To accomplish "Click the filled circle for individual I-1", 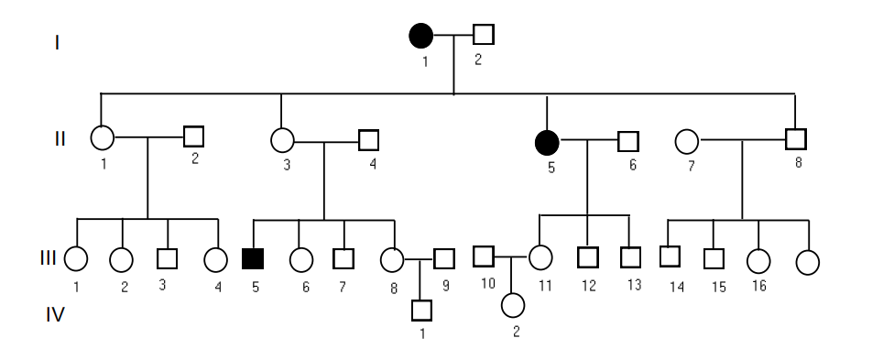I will (420, 36).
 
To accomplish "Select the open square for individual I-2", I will (484, 35).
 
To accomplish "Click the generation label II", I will (59, 139).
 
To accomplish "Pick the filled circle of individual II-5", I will (546, 142).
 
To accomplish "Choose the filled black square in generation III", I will (252, 258).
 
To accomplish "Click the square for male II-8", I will (796, 140).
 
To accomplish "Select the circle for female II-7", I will (686, 142).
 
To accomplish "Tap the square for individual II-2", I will (193, 136).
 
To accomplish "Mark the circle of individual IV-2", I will (513, 303).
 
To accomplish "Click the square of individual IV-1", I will (421, 311).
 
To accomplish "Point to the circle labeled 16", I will (758, 260).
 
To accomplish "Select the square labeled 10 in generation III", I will (484, 256).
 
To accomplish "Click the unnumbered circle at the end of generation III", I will (807, 262).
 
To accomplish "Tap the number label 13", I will (634, 286).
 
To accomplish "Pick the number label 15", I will (719, 288).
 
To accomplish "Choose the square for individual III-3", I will (166, 259).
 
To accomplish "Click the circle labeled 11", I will (541, 259).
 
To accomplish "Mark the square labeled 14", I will (670, 256).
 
